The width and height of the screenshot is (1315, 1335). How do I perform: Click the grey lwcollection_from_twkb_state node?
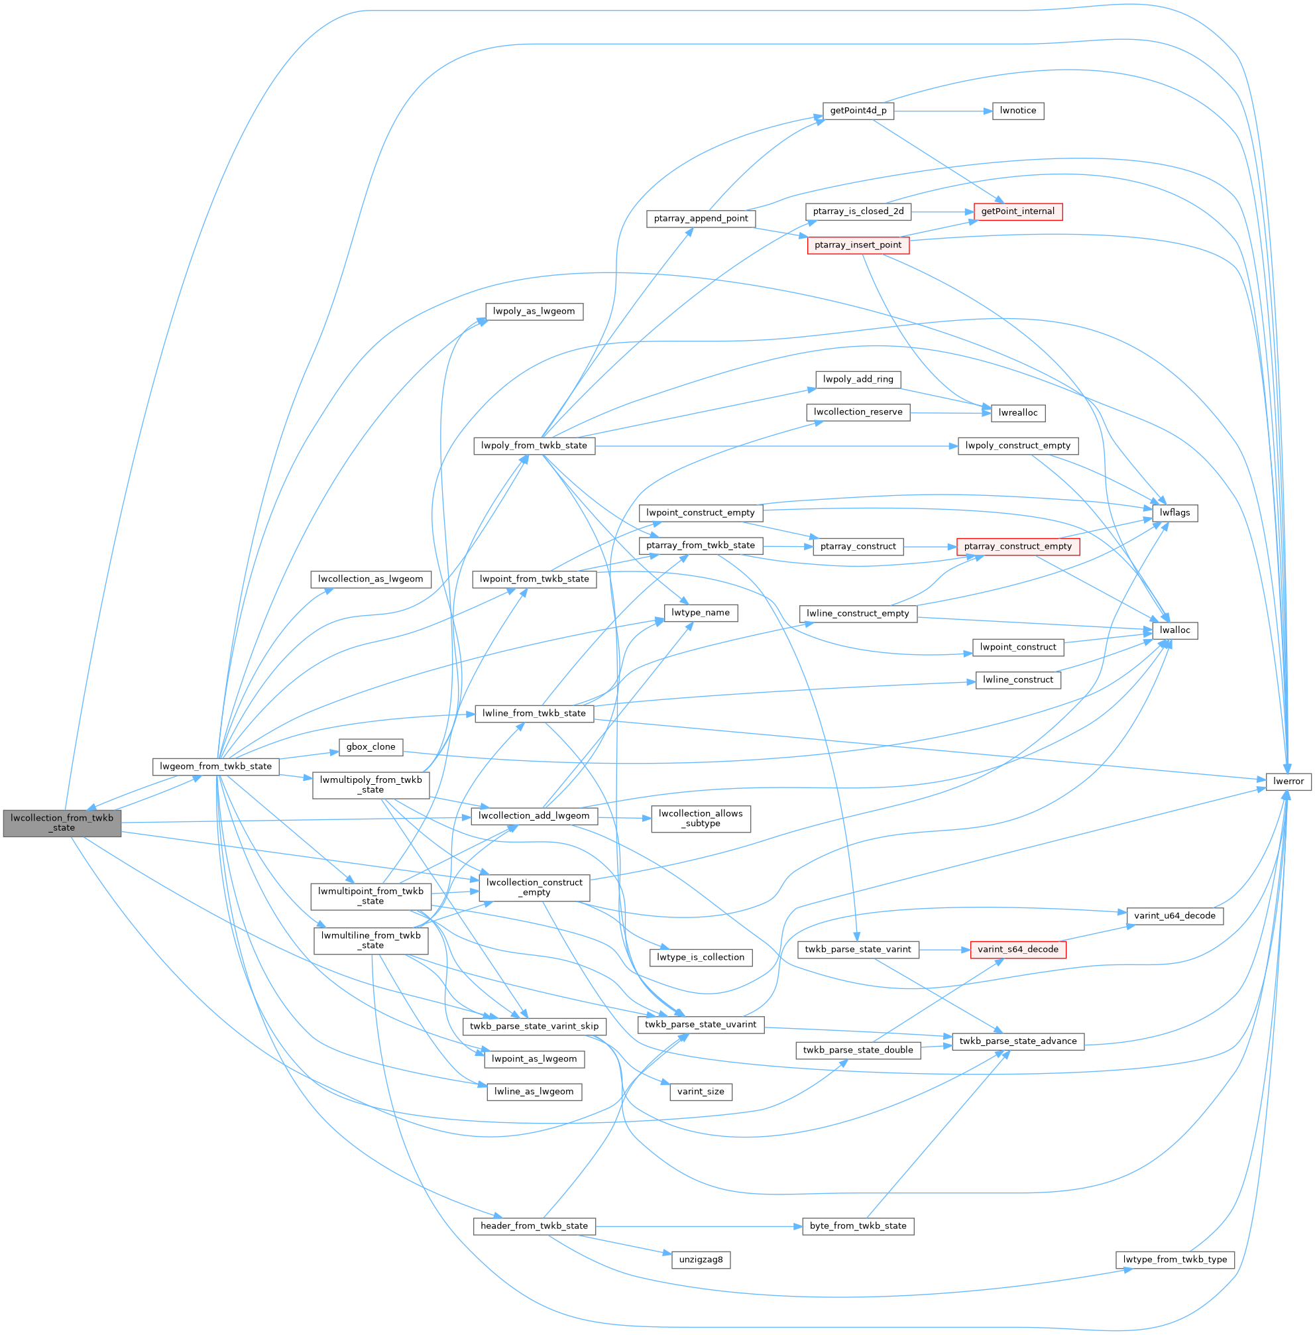point(62,823)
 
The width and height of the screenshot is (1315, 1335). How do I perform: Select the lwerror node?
point(1288,781)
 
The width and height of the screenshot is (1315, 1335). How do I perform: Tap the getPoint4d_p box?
point(858,111)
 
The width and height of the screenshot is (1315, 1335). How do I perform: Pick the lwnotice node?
point(1017,111)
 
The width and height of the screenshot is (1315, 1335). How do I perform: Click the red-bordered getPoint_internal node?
point(1017,211)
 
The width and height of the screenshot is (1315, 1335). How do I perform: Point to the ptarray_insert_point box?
point(858,245)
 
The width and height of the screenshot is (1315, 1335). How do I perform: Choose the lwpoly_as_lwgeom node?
point(534,312)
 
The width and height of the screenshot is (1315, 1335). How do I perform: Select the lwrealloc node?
point(1018,412)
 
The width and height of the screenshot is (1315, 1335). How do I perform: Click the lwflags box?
point(1174,512)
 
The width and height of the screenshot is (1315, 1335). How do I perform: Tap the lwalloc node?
point(1174,630)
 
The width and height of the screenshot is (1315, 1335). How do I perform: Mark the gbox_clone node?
point(371,746)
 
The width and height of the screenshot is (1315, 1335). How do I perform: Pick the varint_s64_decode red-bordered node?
point(1017,949)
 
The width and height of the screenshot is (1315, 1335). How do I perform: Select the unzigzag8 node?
point(701,1259)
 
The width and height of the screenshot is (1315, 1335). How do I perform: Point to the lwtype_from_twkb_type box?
point(1174,1259)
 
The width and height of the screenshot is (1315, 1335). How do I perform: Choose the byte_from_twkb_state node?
point(858,1226)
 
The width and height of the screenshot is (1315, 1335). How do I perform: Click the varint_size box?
point(701,1091)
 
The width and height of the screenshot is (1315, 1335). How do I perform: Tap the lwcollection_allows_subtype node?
point(701,819)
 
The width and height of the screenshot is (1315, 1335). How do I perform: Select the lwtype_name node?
point(701,612)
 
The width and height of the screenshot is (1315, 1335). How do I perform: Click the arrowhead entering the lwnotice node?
point(988,111)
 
